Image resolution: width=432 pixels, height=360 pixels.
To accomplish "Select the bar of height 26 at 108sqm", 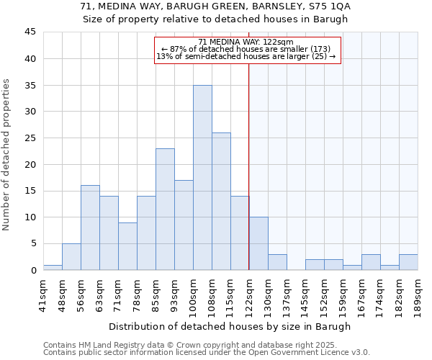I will [221, 202].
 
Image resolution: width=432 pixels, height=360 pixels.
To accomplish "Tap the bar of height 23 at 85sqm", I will [165, 210].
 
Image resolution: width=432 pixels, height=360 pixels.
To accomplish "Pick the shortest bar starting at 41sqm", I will [53, 267].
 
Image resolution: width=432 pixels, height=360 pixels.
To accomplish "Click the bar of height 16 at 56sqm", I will [90, 228].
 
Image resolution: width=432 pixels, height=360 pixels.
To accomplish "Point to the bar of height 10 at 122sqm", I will [258, 243].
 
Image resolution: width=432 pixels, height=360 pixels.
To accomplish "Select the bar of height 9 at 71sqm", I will [127, 246].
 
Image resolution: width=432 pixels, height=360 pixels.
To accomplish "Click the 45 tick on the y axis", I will [30, 32].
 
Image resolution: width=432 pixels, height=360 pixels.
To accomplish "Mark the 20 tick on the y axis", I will [30, 164].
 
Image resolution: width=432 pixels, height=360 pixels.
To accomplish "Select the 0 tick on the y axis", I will [33, 270].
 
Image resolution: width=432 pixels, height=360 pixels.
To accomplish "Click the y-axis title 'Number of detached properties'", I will [7, 155].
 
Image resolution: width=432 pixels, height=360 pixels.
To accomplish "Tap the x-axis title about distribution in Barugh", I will [230, 326].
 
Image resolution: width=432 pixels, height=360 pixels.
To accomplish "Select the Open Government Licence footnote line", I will [206, 353].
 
